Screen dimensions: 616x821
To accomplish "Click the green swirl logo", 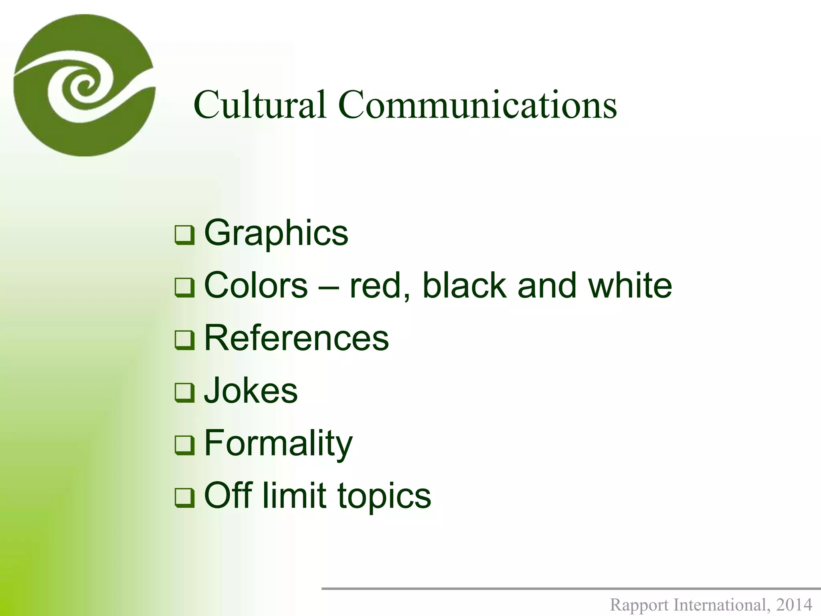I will click(84, 85).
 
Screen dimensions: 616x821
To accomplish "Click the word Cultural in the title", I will click(260, 105).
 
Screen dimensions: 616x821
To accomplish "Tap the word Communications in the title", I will click(477, 105).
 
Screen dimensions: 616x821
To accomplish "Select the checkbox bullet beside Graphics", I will click(184, 235).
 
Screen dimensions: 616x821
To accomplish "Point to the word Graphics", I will click(276, 233).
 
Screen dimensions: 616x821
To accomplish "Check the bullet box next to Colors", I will click(184, 288).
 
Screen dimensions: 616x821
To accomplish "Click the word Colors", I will click(256, 286).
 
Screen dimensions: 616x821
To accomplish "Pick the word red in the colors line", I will click(378, 286).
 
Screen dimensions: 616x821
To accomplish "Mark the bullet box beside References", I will click(184, 340).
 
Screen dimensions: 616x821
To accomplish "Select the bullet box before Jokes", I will click(184, 393).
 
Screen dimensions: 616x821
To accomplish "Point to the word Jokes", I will click(251, 391).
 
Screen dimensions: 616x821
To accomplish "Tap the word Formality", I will click(278, 444).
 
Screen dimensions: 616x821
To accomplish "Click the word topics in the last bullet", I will click(384, 496).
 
